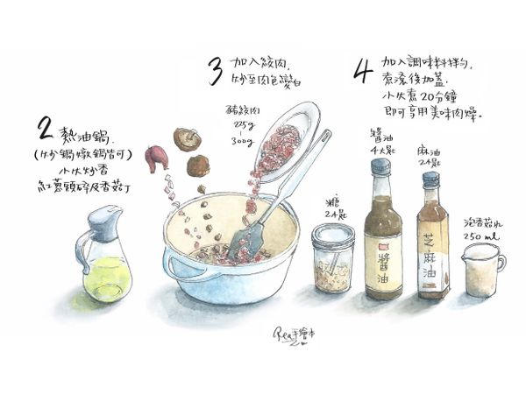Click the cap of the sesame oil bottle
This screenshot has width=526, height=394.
(430, 180)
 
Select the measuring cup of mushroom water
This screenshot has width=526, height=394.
(478, 271)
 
